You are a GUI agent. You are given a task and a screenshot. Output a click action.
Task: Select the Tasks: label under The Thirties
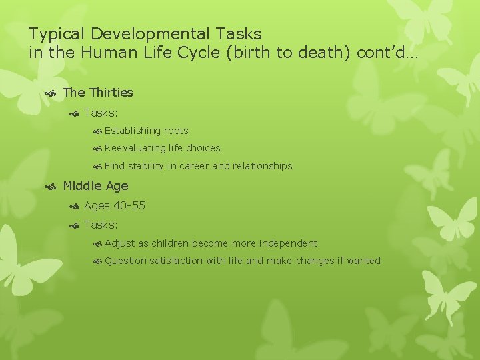point(101,113)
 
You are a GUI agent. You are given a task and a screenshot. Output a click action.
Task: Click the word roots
point(176,131)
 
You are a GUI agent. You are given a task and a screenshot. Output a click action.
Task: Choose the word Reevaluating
point(135,148)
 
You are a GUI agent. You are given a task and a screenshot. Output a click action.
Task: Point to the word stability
point(146,166)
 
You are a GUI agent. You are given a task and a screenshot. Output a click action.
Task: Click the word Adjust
point(118,243)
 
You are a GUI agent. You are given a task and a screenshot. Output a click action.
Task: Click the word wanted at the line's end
point(363,261)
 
